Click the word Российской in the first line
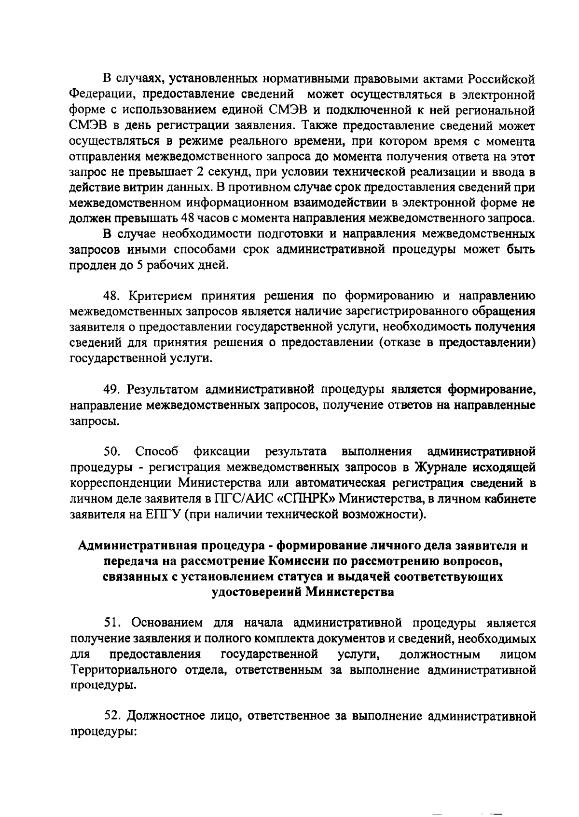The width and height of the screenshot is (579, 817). [x=502, y=78]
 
